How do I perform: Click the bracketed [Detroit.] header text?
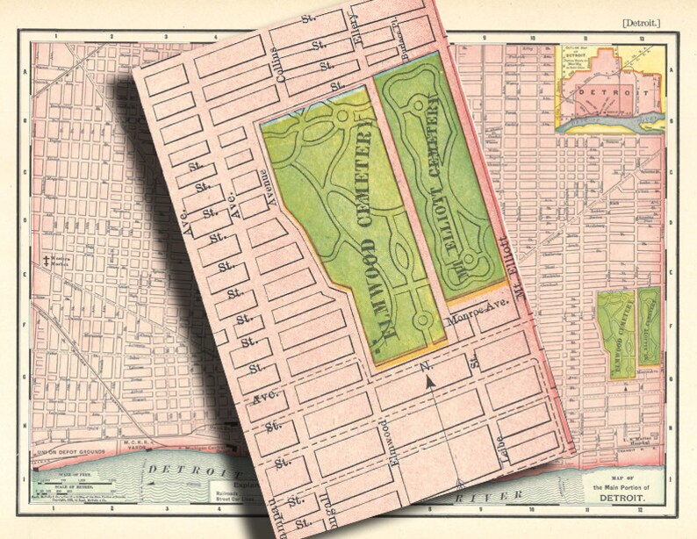coord(641,21)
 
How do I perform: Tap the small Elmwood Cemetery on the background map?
coord(615,334)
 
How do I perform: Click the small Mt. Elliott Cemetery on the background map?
coord(649,326)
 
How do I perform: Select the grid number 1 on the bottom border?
coord(54,509)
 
